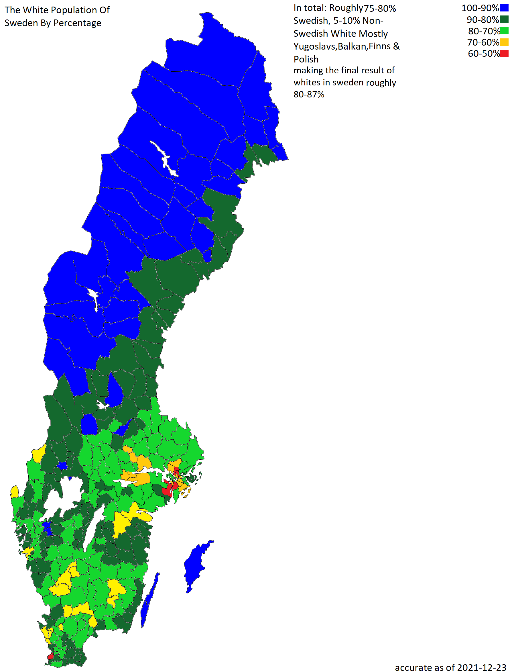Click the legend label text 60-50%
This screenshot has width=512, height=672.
click(x=483, y=54)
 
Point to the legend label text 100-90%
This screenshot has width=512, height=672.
click(x=480, y=8)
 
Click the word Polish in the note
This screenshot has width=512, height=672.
click(x=306, y=59)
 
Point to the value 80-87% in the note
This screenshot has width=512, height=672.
click(x=309, y=94)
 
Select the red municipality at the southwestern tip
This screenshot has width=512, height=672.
click(x=50, y=657)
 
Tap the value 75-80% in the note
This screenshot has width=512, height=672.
click(x=380, y=8)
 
